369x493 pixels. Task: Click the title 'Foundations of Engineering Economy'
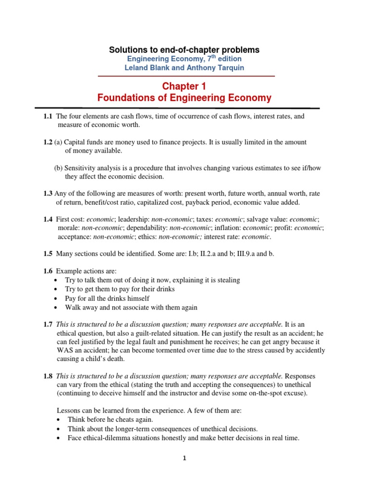(x=184, y=98)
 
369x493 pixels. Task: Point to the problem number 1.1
(x=48, y=117)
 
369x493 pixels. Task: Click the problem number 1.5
(x=48, y=253)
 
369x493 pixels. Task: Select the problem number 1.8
(x=48, y=376)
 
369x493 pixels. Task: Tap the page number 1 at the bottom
(x=184, y=458)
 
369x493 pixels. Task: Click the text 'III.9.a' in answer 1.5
(x=238, y=253)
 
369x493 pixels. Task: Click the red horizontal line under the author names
(x=186, y=76)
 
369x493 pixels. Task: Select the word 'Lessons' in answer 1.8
(x=68, y=410)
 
